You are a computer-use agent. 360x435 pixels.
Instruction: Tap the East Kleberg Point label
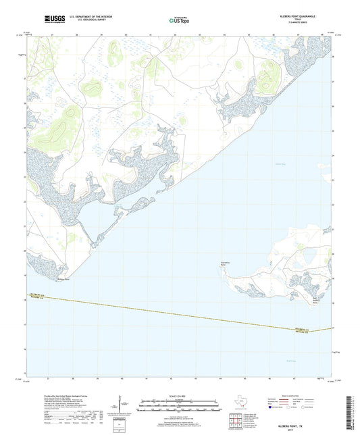tap(315, 301)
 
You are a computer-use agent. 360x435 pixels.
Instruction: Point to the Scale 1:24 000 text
tap(179, 396)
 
